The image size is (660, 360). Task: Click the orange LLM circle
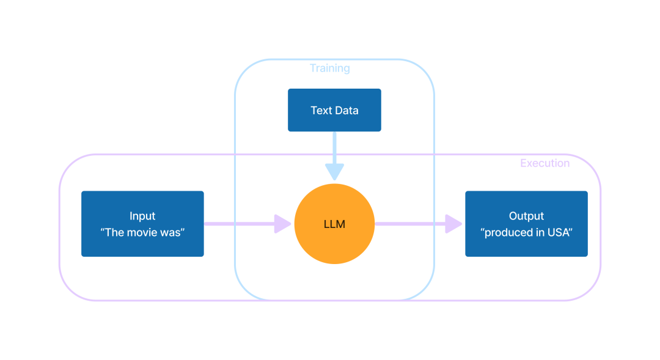tap(334, 208)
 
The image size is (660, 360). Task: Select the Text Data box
tap(334, 111)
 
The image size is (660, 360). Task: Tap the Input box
tap(142, 224)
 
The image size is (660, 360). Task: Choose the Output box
tap(526, 224)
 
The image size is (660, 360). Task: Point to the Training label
tap(330, 68)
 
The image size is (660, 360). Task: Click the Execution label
tap(544, 163)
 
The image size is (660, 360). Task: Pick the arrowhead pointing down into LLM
tap(334, 172)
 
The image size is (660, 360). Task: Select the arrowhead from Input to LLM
tap(282, 224)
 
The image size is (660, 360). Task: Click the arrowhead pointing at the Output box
tap(453, 224)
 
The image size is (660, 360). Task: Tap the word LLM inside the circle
tap(334, 224)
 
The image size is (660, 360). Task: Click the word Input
tap(142, 216)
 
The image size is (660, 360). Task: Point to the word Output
tap(526, 216)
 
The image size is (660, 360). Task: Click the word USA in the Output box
tap(559, 232)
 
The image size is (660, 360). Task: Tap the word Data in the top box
tap(346, 111)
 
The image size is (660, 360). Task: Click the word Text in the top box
tap(321, 111)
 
